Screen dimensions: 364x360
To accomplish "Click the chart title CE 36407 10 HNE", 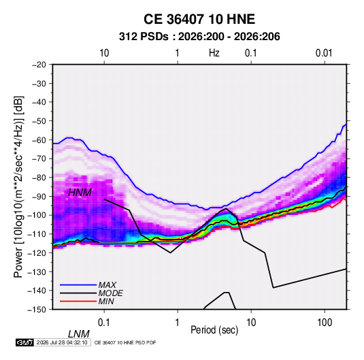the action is pyautogui.click(x=199, y=19).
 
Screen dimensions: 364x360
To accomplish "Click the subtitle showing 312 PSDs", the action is pyautogui.click(x=199, y=37).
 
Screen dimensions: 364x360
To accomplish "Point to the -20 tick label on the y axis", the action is pyautogui.click(x=39, y=65).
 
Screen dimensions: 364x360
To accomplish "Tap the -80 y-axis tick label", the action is pyautogui.click(x=39, y=178).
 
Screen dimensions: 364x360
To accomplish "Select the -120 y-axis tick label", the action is pyautogui.click(x=37, y=252).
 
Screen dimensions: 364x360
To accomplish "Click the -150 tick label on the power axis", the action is pyautogui.click(x=37, y=310).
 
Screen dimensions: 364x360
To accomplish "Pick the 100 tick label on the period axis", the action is pyautogui.click(x=325, y=323).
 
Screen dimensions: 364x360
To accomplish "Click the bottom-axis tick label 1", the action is pyautogui.click(x=178, y=323).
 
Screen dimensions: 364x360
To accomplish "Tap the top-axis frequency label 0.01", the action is pyautogui.click(x=324, y=53).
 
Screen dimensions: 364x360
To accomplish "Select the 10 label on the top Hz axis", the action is pyautogui.click(x=104, y=53).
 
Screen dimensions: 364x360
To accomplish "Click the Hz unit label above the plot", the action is pyautogui.click(x=214, y=53).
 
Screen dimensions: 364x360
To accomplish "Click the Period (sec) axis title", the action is pyautogui.click(x=214, y=330).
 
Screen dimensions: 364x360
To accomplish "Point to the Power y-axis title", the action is pyautogui.click(x=18, y=186).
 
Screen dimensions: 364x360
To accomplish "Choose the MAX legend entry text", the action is pyautogui.click(x=107, y=285).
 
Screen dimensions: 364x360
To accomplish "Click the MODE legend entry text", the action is pyautogui.click(x=110, y=293).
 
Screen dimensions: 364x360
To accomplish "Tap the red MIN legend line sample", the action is pyautogui.click(x=78, y=301).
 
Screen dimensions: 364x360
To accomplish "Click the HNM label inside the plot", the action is pyautogui.click(x=80, y=193).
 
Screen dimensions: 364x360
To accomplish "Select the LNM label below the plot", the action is pyautogui.click(x=78, y=334).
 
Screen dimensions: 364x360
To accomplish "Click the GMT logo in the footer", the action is pyautogui.click(x=24, y=342).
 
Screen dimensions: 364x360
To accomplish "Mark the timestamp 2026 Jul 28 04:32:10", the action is pyautogui.click(x=62, y=342).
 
